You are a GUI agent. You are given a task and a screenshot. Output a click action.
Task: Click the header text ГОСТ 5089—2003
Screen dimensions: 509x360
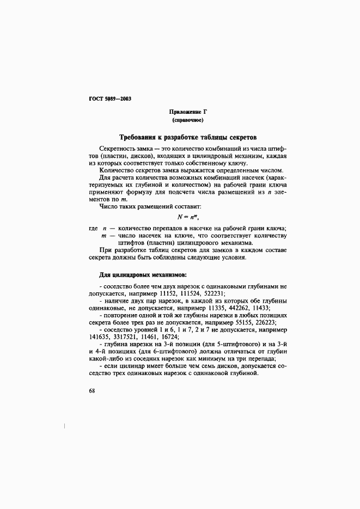pyautogui.click(x=109, y=99)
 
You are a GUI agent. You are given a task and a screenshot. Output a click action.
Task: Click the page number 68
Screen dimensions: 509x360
pyautogui.click(x=92, y=391)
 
